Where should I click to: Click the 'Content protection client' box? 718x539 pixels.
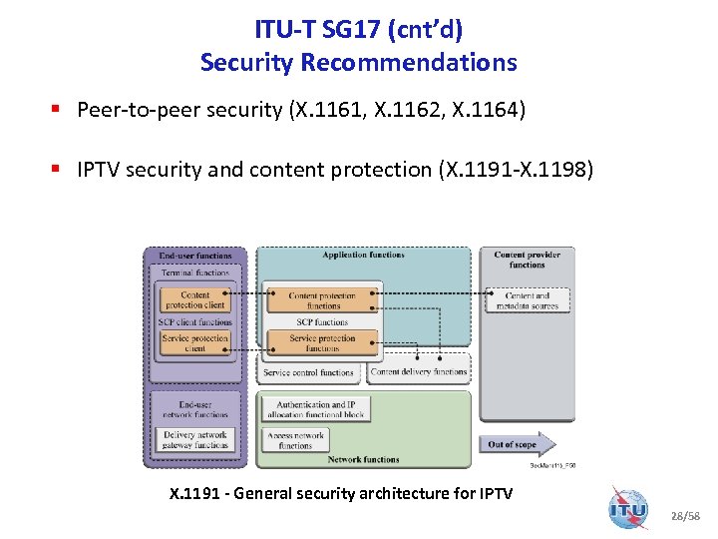point(195,299)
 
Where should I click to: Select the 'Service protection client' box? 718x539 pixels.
point(195,343)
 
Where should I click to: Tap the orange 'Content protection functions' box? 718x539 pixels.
point(322,300)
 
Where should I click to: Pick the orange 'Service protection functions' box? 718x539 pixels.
point(322,343)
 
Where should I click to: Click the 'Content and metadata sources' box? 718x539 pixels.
point(528,300)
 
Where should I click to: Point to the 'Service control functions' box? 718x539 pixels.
point(308,372)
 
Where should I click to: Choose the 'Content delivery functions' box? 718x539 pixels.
point(419,372)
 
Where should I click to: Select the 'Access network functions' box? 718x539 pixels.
point(296,440)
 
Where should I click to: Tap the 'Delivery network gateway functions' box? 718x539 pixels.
point(195,440)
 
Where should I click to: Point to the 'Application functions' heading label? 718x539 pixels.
point(363,256)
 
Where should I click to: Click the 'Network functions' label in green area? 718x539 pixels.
point(363,460)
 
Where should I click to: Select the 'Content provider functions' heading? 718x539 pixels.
point(527,260)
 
